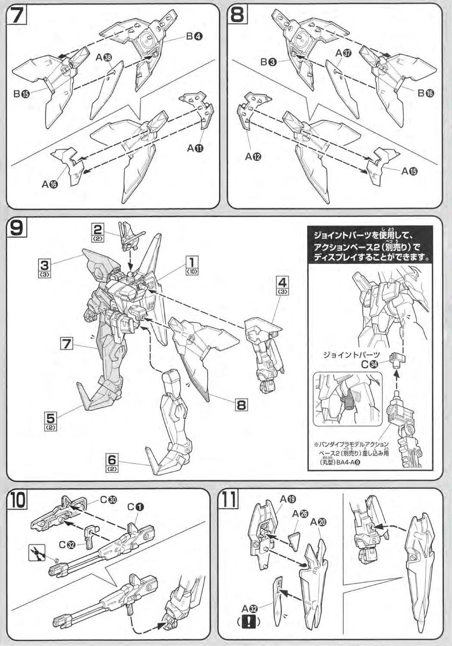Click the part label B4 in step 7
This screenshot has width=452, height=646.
194,37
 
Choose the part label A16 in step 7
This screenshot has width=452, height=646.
50,184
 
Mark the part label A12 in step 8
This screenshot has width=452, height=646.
253,157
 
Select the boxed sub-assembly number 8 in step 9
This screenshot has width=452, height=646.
241,404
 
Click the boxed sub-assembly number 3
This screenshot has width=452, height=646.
44,264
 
